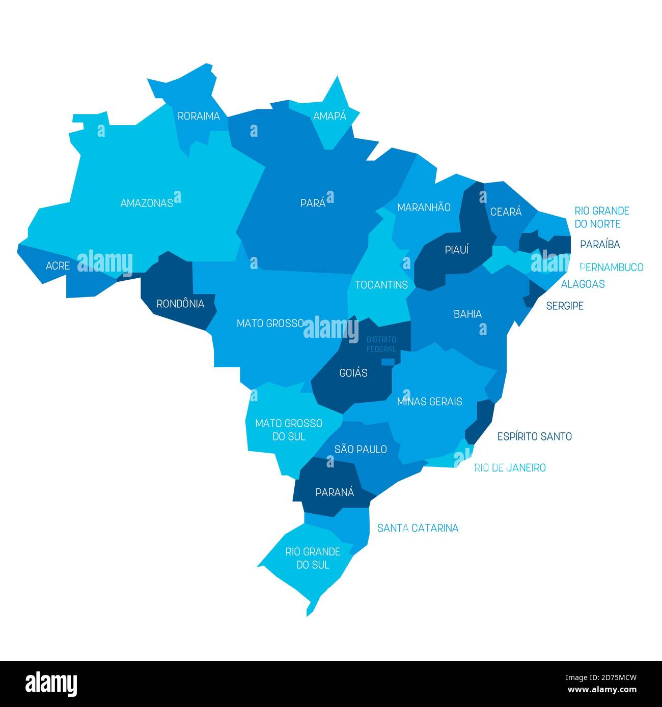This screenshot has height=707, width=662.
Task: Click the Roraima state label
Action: [x=199, y=116]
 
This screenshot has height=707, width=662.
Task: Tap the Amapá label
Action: [x=329, y=116]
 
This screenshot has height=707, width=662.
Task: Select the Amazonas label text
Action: [x=147, y=203]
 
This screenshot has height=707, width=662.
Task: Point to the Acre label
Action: [x=58, y=266]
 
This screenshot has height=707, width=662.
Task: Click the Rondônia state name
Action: [x=180, y=304]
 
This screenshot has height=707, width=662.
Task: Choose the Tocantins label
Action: [x=381, y=285]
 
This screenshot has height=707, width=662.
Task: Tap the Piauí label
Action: [x=456, y=250]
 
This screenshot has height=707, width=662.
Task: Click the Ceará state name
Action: [x=506, y=212]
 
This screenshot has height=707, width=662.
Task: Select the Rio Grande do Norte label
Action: [x=601, y=217]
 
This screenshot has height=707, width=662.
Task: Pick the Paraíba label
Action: [x=600, y=245]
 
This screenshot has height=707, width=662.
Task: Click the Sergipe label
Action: [x=565, y=306]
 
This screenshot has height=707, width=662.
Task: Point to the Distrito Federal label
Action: [x=381, y=344]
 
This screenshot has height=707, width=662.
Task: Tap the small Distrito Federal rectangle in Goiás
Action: [x=388, y=362]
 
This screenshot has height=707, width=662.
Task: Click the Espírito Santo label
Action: [x=534, y=436]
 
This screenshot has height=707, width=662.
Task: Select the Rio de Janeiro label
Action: [x=510, y=468]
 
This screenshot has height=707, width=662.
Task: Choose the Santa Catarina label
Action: [x=418, y=528]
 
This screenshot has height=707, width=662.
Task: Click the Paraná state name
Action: [x=335, y=492]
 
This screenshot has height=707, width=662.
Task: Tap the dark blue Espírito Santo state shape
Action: [x=480, y=421]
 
